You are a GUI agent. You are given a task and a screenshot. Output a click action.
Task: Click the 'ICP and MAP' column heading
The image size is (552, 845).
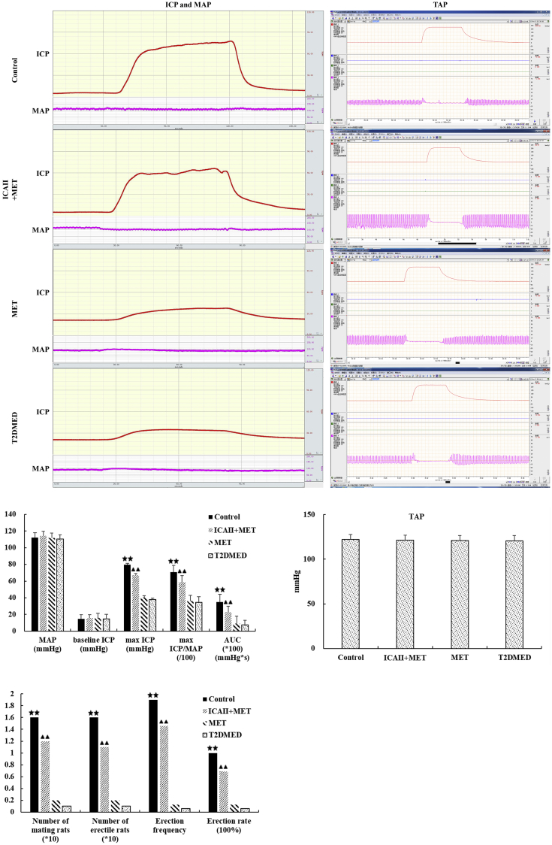[x=179, y=5]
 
